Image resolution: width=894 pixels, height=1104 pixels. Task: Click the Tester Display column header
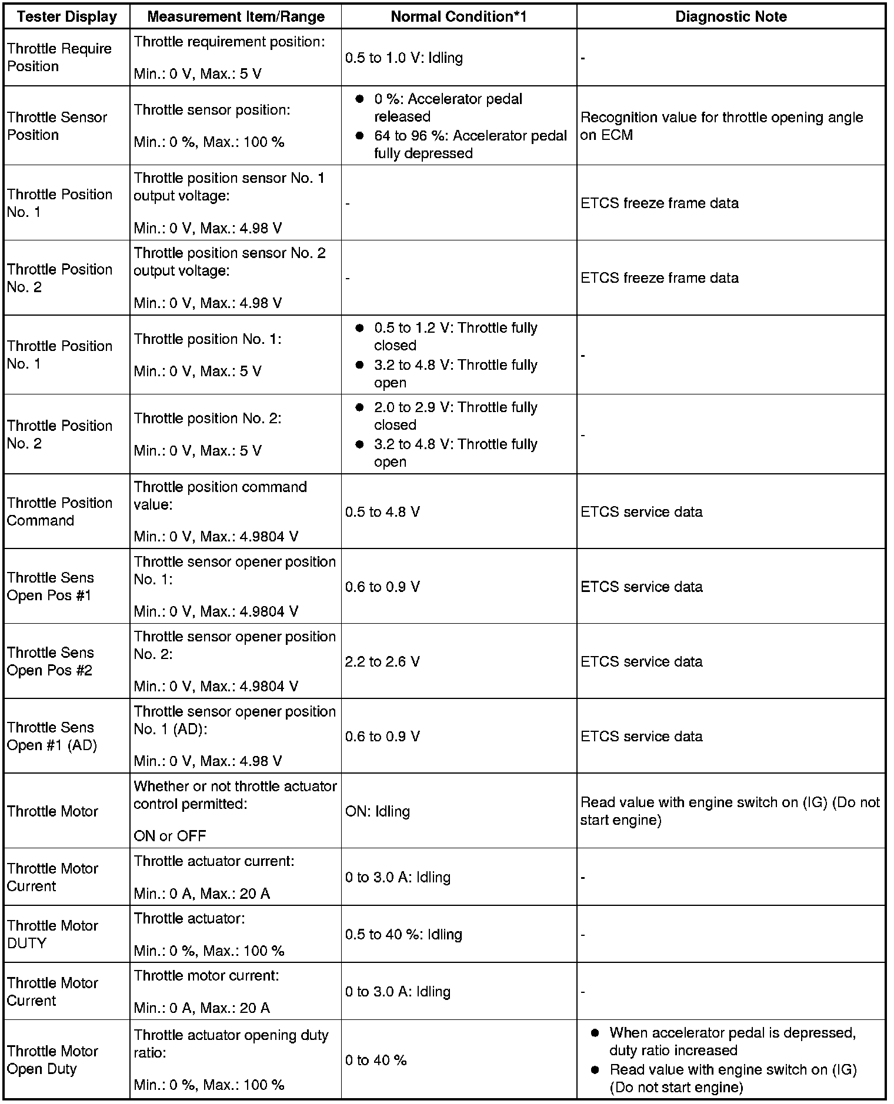[67, 17]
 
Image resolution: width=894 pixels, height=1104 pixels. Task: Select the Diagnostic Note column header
[731, 17]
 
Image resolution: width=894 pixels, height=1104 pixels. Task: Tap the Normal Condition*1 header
[459, 17]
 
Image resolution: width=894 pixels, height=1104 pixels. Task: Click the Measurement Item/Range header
[236, 17]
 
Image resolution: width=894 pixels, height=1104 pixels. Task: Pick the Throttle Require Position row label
[59, 58]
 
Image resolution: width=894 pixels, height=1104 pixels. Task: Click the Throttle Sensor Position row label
[57, 126]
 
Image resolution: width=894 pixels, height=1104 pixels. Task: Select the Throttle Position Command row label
[59, 511]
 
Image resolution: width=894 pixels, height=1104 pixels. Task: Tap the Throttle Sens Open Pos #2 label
[50, 661]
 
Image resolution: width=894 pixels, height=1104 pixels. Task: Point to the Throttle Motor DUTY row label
[52, 934]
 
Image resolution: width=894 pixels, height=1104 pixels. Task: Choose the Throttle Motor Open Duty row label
[52, 1060]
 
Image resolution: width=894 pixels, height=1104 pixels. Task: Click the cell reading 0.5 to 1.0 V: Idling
[404, 58]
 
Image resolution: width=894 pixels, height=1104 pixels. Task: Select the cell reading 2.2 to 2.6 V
[383, 662]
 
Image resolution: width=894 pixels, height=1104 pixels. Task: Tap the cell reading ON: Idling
[378, 811]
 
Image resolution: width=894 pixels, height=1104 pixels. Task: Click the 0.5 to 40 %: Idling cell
[403, 934]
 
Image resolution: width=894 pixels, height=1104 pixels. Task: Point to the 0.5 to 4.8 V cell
[383, 512]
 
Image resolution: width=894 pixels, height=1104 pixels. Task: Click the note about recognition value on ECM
[722, 126]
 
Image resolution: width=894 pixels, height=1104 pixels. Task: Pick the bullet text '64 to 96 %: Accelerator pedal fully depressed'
[470, 145]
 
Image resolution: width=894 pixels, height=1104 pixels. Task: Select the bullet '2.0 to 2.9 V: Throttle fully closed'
[455, 416]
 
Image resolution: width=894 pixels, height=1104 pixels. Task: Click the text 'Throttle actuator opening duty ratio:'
[231, 1043]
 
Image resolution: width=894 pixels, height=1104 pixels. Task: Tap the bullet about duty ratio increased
[732, 1041]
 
